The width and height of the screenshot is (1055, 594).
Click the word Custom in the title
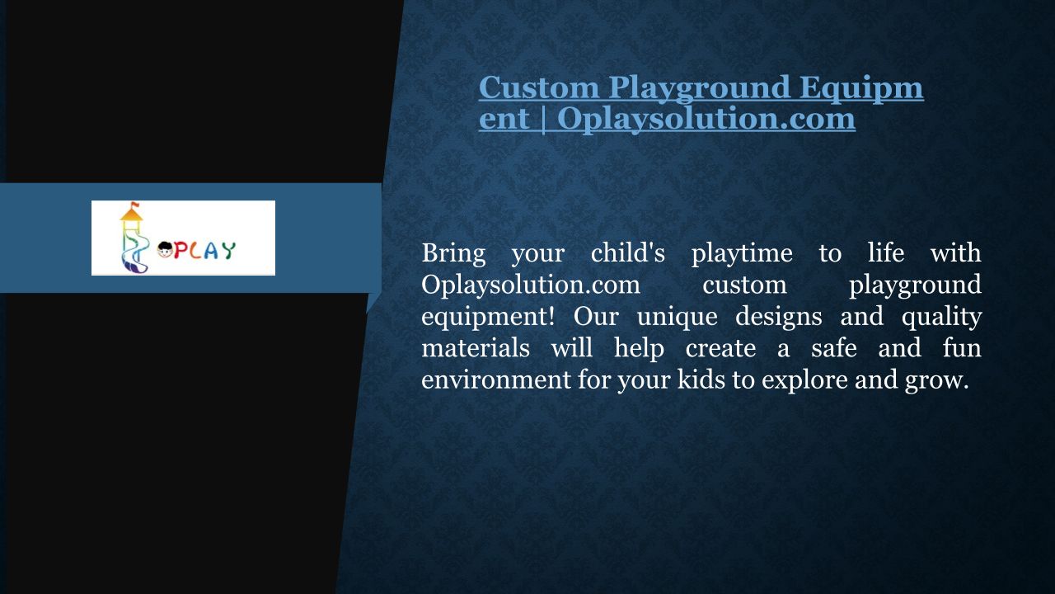(539, 87)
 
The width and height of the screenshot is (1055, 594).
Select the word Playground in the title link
(699, 89)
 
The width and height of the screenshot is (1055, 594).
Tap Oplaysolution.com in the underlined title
(706, 120)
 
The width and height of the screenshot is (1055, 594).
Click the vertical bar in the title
(543, 120)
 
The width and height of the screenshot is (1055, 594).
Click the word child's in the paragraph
(628, 252)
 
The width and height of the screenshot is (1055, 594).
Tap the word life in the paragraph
(886, 252)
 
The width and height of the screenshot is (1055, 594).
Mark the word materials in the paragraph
(476, 348)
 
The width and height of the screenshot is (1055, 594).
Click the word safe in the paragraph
(833, 348)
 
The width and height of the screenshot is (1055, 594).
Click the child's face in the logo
(165, 250)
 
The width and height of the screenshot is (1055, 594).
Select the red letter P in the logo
(181, 250)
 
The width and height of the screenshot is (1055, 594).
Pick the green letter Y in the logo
(228, 250)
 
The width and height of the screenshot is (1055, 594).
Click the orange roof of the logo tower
(131, 215)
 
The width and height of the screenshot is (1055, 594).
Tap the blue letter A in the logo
(212, 251)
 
